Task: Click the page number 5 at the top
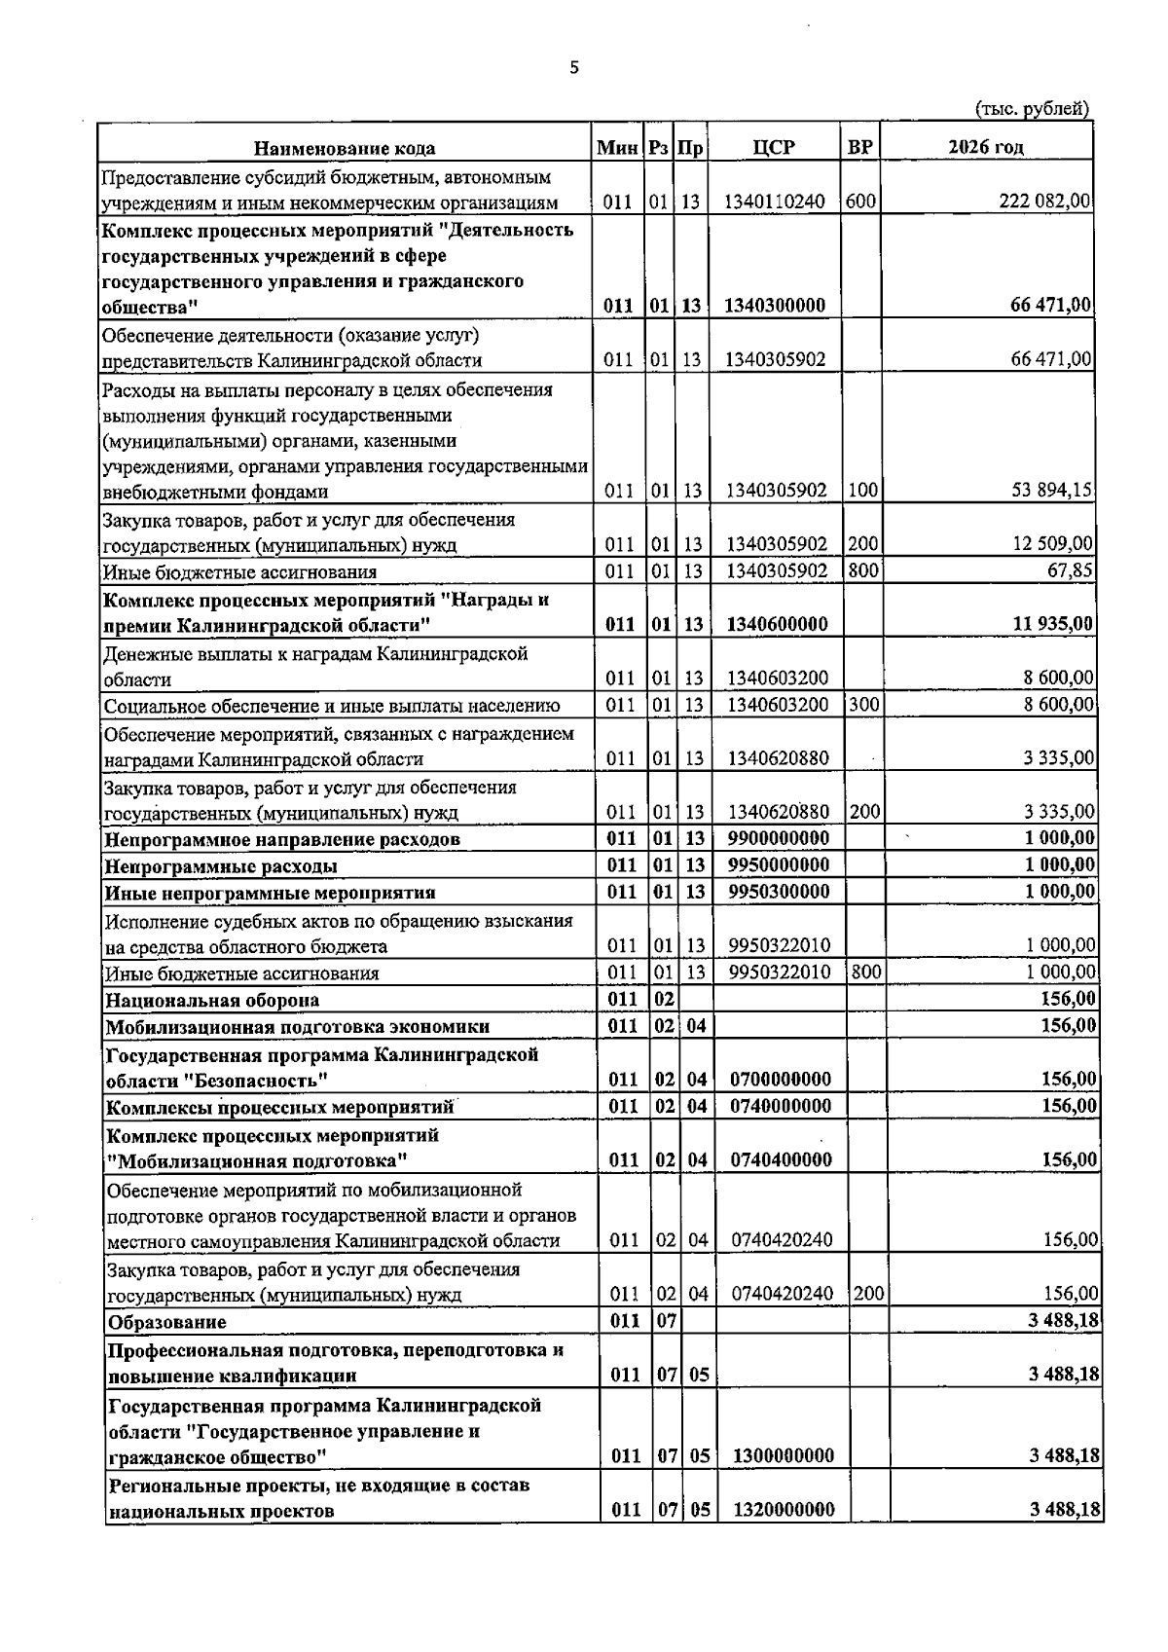(573, 68)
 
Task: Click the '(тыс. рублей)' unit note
(1032, 109)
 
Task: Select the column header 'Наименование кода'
(345, 148)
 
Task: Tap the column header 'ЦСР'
(774, 147)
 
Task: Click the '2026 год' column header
(986, 147)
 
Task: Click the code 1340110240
(775, 202)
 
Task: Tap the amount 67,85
(1069, 570)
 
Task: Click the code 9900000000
(779, 838)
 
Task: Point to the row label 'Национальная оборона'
(212, 1000)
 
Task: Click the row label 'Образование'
(167, 1322)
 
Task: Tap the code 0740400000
(782, 1160)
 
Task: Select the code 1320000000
(784, 1511)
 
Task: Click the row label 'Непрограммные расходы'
(221, 866)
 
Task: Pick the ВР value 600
(861, 202)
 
